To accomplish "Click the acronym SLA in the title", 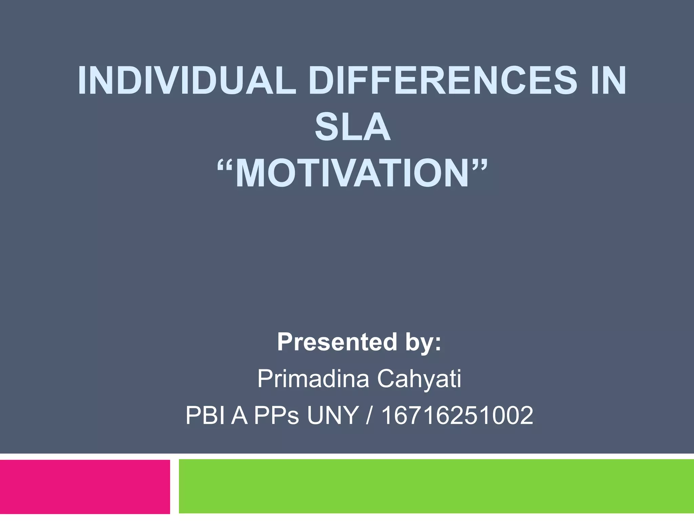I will tap(352, 127).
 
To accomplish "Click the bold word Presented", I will tap(337, 342).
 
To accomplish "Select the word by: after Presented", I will tap(423, 342).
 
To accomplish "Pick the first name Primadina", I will tap(313, 379).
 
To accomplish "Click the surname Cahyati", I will tap(419, 379).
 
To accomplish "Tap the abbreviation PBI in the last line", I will tap(205, 416).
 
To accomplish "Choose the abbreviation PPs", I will tap(277, 416).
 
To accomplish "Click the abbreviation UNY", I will tap(333, 416).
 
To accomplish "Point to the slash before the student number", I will tap(370, 416).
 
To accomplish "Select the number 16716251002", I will tap(457, 416).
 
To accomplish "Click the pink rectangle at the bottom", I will tap(85, 486).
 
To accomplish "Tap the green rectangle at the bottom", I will tap(436, 486).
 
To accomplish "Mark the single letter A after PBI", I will tap(239, 416).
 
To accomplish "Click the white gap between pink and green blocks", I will tap(174, 486).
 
